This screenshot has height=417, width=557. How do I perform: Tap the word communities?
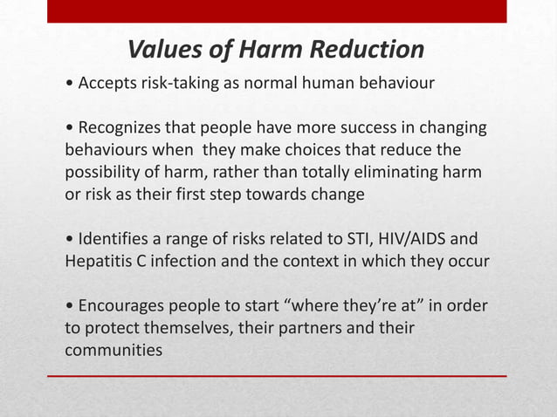tap(113, 351)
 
